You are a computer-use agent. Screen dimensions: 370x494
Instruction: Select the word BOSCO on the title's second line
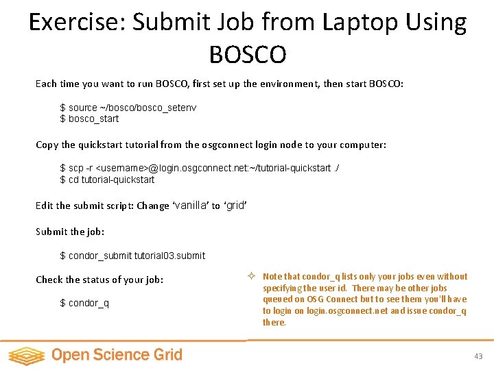(x=247, y=53)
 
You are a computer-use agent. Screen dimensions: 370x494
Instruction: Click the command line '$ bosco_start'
(x=89, y=119)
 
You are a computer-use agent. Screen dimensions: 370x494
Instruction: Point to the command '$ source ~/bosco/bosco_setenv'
(x=128, y=108)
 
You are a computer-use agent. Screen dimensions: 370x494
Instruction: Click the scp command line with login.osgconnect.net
(x=199, y=169)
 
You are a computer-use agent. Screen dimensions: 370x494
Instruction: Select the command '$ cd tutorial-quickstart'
(x=107, y=180)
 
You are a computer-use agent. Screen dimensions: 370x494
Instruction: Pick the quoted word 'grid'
(x=235, y=205)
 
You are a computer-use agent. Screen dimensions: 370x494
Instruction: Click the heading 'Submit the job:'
(x=70, y=232)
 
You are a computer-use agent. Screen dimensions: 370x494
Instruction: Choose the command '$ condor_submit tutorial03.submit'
(x=132, y=256)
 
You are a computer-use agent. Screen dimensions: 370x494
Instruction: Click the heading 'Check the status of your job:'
(x=99, y=280)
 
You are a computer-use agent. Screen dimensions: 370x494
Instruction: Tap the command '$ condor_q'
(x=84, y=303)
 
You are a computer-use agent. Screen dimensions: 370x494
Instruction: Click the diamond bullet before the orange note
(x=252, y=277)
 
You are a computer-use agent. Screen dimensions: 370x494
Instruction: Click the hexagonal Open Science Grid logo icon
(x=26, y=355)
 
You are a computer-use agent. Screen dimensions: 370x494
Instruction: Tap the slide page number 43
(x=478, y=356)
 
